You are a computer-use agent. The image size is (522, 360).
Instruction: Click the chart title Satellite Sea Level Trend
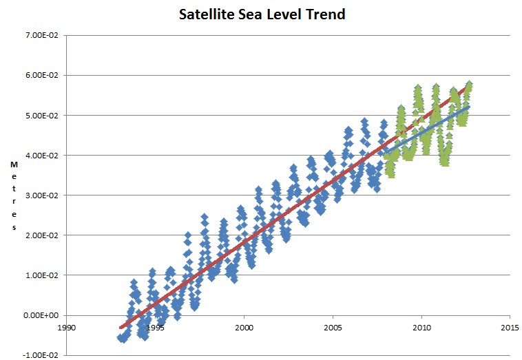261,14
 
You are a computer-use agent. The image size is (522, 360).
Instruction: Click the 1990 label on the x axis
66,328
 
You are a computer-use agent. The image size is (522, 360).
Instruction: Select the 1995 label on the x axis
155,328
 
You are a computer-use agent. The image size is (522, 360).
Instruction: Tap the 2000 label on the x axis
244,328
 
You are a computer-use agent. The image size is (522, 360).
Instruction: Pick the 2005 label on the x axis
333,328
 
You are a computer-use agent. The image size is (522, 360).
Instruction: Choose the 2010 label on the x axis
421,328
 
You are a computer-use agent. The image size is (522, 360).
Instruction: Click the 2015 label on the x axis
510,328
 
